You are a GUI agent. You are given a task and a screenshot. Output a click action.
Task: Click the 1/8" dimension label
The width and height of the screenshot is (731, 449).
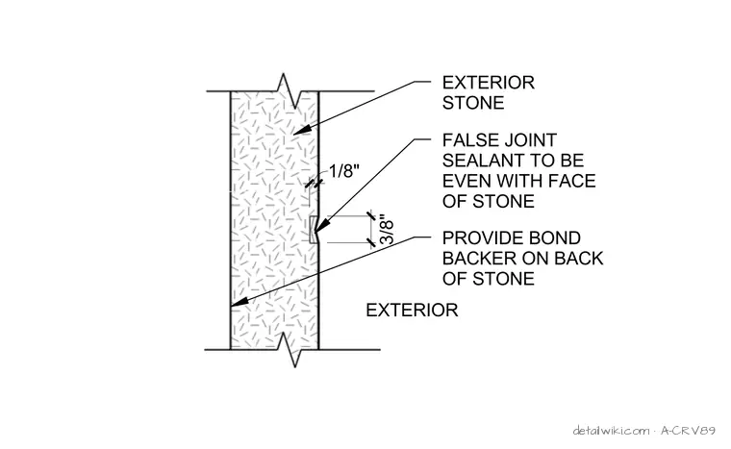click(x=344, y=171)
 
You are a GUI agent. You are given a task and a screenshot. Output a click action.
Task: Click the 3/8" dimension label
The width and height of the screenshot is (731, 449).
click(x=387, y=230)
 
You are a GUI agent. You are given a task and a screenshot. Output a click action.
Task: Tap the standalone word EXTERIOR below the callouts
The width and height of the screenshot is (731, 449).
click(x=412, y=310)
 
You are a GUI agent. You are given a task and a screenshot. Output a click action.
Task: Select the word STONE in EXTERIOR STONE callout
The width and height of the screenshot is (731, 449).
click(x=473, y=103)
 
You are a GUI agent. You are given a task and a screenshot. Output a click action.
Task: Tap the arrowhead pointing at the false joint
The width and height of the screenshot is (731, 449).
click(x=319, y=226)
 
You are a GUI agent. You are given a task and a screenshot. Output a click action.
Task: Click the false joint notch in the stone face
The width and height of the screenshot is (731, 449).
click(x=314, y=230)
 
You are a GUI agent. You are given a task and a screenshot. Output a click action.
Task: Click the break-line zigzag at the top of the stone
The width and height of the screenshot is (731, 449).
click(x=290, y=91)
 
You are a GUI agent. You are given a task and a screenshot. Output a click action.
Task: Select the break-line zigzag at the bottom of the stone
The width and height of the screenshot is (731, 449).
click(x=290, y=349)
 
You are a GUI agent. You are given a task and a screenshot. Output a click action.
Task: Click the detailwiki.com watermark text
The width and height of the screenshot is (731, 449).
click(x=611, y=430)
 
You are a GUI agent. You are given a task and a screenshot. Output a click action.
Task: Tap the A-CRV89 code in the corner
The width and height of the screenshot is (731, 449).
click(x=688, y=430)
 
